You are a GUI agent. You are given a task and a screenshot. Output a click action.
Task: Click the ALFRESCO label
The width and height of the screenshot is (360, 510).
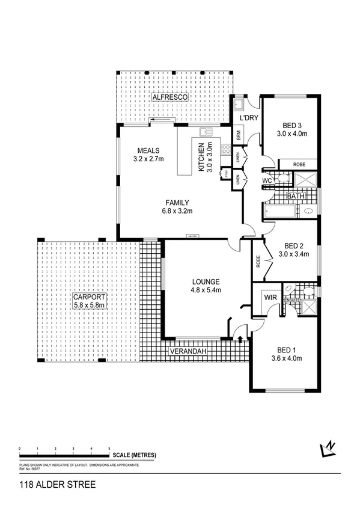pos(170,97)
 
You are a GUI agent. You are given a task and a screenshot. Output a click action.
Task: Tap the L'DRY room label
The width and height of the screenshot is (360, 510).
pos(248,118)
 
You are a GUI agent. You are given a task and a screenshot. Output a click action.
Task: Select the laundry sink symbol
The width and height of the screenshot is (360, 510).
pos(238,106)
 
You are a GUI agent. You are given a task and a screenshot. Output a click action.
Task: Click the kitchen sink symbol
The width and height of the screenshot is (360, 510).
pos(207,132)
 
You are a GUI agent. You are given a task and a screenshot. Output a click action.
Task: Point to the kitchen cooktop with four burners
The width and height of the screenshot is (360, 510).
pos(227,150)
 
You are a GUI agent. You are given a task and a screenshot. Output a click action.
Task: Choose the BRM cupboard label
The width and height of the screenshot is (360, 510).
pos(239,137)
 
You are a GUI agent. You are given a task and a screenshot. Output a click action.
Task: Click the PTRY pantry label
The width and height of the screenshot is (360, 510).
pos(226,174)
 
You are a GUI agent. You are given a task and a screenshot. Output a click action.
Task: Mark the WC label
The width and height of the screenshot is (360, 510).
pos(268,180)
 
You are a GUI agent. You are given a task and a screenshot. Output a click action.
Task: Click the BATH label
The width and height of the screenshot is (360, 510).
pos(295,196)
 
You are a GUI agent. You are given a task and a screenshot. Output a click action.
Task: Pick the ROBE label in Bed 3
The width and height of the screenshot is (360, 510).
pos(301,164)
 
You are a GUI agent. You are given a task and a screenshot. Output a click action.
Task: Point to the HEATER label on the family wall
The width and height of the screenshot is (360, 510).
pos(192,236)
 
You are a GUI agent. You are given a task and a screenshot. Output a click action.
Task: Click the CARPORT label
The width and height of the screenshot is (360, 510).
pos(88,297)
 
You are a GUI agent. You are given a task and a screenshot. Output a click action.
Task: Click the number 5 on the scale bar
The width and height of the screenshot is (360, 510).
pos(109,449)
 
